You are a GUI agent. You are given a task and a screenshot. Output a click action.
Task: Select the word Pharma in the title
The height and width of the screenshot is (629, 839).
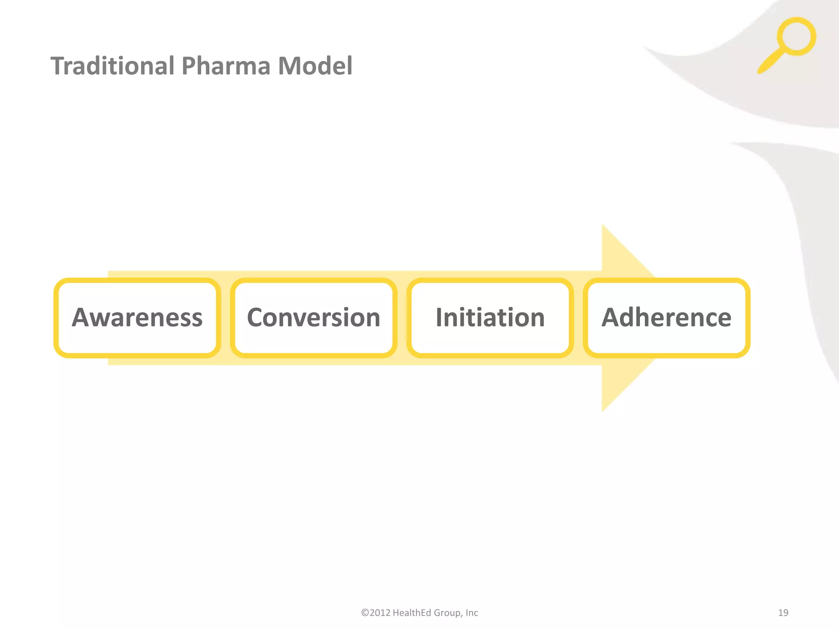click(x=226, y=66)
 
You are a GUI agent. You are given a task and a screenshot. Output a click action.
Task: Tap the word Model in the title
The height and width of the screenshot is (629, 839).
click(x=315, y=66)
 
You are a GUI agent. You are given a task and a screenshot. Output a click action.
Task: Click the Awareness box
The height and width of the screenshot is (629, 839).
click(x=137, y=318)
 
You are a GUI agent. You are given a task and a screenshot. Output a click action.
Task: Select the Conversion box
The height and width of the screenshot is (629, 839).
click(x=313, y=318)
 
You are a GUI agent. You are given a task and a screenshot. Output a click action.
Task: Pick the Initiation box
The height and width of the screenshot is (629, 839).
click(x=490, y=318)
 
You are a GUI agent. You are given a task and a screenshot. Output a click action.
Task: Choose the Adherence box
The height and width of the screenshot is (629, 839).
click(x=666, y=318)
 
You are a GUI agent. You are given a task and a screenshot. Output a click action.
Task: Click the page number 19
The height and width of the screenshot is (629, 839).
click(x=783, y=613)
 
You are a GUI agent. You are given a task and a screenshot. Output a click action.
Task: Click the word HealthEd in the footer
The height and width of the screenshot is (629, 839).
click(x=412, y=613)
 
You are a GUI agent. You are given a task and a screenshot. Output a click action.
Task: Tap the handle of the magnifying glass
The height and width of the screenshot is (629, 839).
click(x=770, y=61)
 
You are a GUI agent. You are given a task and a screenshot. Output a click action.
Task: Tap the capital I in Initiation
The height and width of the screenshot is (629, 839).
click(x=439, y=317)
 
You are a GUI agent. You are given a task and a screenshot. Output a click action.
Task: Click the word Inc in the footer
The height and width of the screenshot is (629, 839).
click(x=472, y=613)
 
